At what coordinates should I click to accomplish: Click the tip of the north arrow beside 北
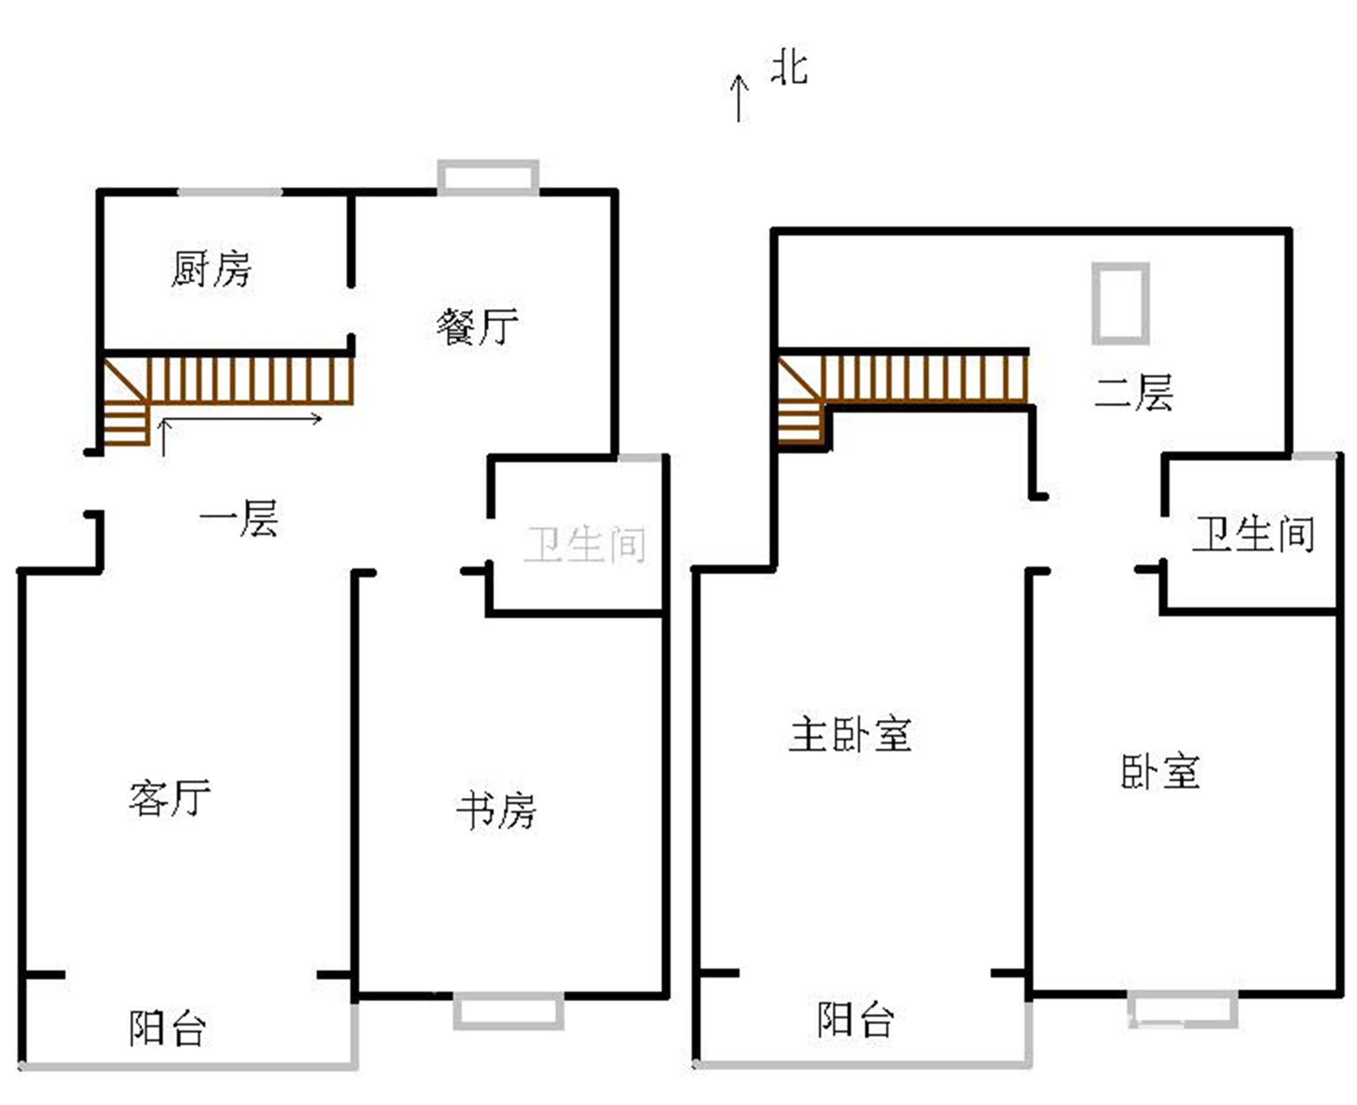(738, 74)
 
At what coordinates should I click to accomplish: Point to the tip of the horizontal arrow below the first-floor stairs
(321, 418)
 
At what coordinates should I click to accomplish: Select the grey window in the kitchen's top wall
(229, 192)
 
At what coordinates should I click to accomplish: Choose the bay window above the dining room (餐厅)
(488, 177)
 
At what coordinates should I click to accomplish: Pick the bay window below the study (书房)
(509, 1011)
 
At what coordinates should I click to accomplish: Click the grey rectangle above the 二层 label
(1120, 304)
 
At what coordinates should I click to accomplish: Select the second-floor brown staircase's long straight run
(924, 379)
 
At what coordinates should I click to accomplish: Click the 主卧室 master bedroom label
(850, 735)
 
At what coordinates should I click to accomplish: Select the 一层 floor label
(239, 518)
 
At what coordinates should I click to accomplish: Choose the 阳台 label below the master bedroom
(856, 1019)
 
